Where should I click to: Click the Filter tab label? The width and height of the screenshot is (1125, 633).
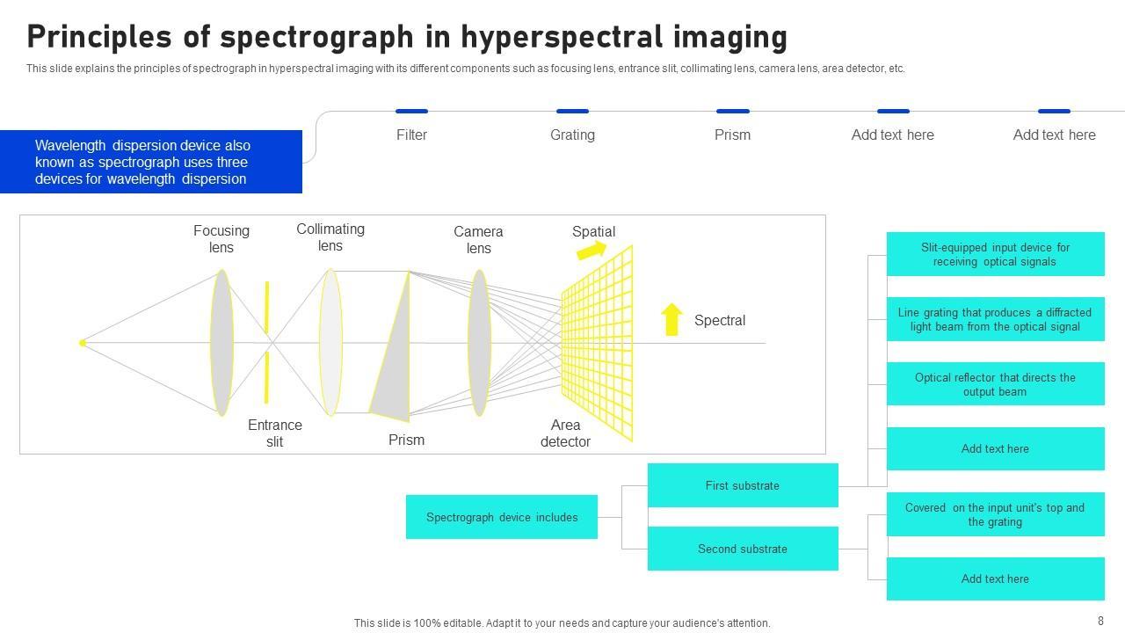[411, 135]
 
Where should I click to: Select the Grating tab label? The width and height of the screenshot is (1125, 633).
[572, 135]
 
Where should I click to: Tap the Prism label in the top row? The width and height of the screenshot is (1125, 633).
[732, 135]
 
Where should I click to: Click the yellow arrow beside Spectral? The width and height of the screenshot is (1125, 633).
[672, 319]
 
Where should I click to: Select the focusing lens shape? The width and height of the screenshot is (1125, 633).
[221, 342]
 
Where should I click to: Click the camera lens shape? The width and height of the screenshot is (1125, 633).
[479, 342]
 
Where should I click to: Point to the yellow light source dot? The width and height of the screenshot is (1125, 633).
[83, 343]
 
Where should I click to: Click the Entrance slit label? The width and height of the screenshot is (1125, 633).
[274, 433]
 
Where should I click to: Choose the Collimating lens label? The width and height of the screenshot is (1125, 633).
[330, 237]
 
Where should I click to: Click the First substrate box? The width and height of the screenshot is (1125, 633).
[743, 485]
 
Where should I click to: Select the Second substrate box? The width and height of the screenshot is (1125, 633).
[743, 549]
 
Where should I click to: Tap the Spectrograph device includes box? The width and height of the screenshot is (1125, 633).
[502, 517]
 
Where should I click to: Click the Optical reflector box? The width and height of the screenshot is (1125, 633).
[995, 384]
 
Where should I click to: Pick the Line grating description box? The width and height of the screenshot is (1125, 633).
[995, 319]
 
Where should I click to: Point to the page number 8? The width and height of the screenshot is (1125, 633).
[1100, 621]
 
